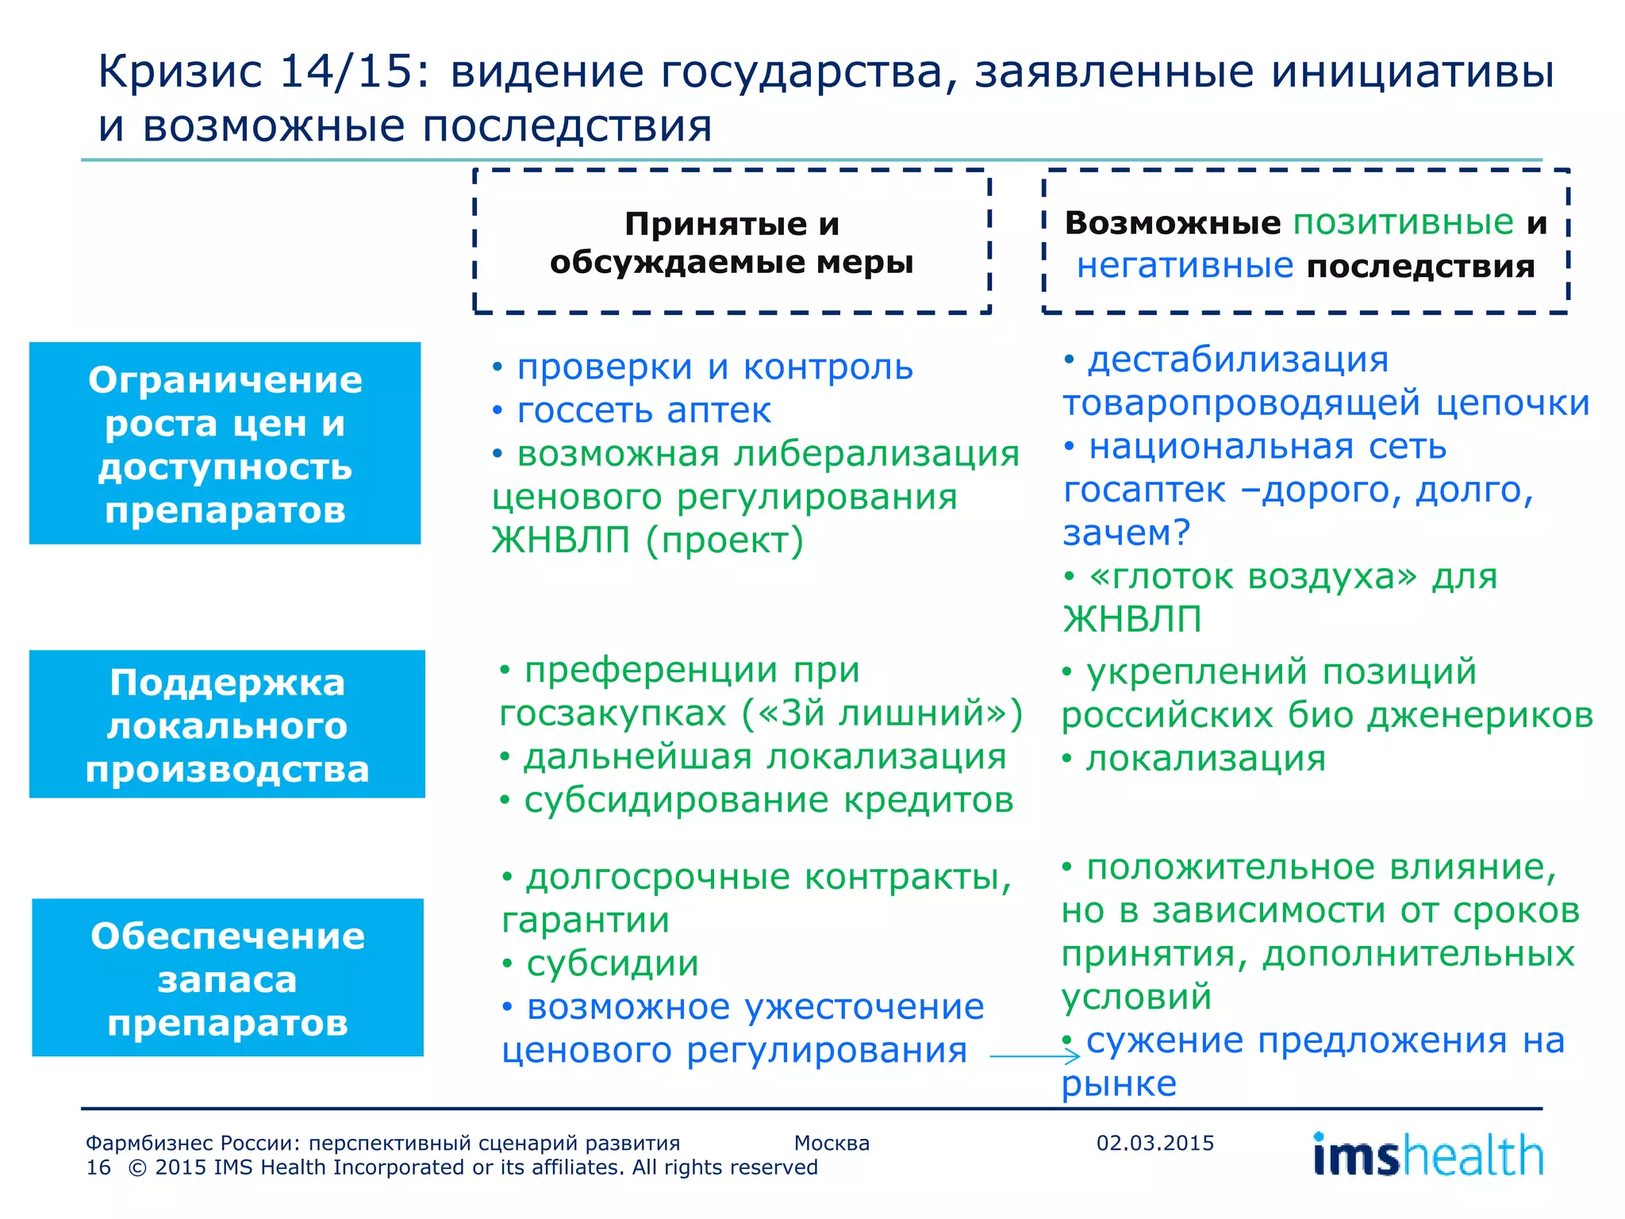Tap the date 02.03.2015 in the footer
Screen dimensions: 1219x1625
tap(1154, 1143)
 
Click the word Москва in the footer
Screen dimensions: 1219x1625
tap(832, 1143)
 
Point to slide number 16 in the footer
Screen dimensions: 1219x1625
tap(98, 1167)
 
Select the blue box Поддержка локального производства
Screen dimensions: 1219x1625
tap(227, 724)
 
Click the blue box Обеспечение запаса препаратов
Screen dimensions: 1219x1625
tap(227, 978)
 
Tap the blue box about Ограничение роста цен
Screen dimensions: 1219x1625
tap(225, 443)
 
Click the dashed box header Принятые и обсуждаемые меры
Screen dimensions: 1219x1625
tap(732, 241)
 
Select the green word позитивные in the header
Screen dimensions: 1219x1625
tap(1403, 222)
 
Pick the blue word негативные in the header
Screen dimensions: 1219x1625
tap(1185, 265)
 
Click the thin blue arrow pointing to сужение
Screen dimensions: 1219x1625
tap(1035, 1056)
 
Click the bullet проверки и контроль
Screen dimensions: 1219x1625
tap(714, 367)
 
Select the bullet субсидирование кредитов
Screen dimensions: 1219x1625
tap(768, 800)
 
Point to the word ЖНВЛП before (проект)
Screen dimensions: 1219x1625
tap(560, 540)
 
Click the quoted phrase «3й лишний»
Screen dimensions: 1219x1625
tap(881, 713)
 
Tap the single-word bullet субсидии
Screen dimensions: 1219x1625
tap(612, 964)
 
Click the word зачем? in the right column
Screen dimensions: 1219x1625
tap(1126, 533)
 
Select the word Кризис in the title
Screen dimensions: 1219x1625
tap(179, 71)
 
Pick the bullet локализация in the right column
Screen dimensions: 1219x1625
tap(1205, 759)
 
